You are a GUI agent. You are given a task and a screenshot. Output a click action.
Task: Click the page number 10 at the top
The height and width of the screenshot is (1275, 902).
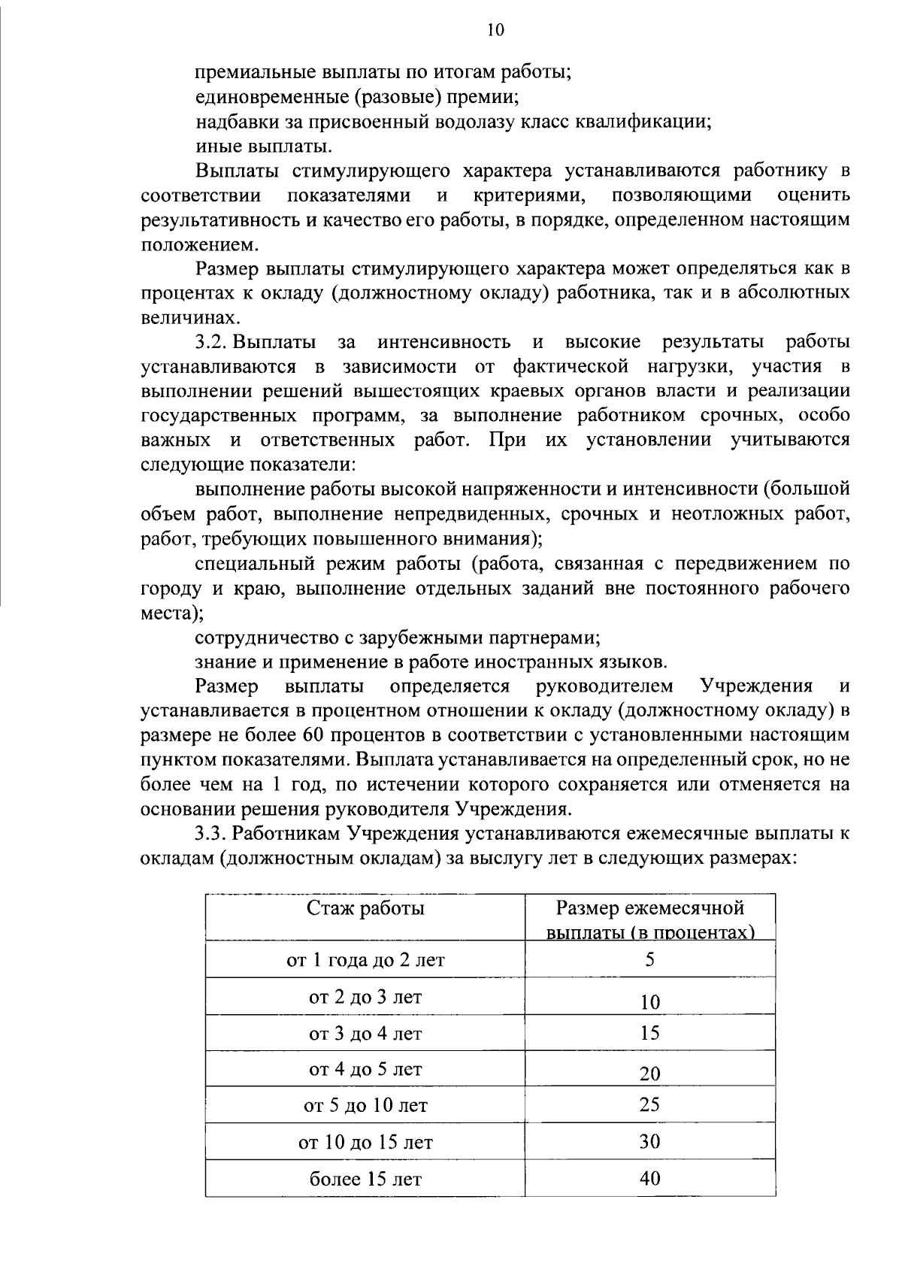point(496,30)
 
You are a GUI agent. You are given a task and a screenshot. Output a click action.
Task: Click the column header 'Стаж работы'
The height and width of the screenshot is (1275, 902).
point(365,908)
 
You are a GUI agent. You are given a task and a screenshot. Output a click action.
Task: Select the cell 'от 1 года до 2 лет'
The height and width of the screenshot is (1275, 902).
point(365,960)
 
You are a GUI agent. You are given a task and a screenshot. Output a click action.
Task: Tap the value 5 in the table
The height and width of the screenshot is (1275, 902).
point(649,959)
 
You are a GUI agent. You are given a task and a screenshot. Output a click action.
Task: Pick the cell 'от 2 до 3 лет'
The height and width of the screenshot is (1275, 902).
point(365,997)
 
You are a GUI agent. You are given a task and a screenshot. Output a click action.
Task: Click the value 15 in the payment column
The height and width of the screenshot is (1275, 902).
point(649,1033)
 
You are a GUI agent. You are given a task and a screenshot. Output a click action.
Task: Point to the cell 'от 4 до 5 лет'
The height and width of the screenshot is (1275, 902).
point(365,1069)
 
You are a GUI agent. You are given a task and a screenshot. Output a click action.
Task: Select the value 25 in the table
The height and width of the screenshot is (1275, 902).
point(649,1104)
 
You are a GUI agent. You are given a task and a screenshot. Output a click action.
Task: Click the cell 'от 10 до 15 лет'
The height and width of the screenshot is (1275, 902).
point(365,1143)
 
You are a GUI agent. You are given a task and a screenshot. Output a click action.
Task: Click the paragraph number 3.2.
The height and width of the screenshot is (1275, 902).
point(210,343)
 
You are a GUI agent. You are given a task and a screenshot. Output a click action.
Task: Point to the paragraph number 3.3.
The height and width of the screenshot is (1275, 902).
point(210,834)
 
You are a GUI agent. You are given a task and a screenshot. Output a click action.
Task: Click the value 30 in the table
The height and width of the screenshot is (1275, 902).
point(649,1142)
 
